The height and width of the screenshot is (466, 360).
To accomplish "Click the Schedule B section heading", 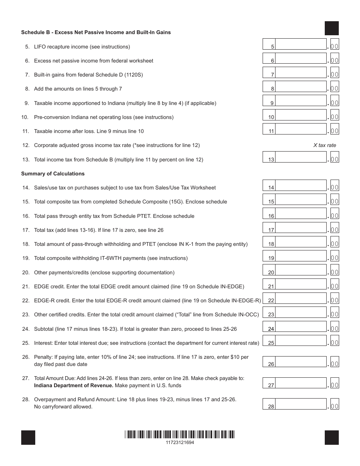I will click(x=96, y=33).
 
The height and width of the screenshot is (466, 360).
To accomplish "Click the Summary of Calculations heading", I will click(x=53, y=174).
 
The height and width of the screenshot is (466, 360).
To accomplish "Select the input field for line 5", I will click(x=301, y=44).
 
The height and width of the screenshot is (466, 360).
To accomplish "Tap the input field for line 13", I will click(x=301, y=157).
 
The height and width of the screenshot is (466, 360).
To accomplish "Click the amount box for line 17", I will click(x=301, y=228).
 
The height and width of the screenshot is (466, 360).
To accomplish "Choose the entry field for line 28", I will click(x=301, y=404).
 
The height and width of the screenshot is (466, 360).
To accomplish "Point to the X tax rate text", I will click(x=324, y=145).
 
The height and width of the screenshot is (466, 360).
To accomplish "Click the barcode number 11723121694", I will click(x=180, y=442).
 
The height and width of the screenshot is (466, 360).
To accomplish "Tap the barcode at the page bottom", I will click(x=180, y=435).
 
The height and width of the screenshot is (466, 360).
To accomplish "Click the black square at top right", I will click(x=332, y=28).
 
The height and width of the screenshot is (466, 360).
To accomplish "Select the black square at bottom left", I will click(x=28, y=438).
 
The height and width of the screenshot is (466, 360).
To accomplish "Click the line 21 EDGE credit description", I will click(x=139, y=287).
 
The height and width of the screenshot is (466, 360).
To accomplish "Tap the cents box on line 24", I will click(x=335, y=327).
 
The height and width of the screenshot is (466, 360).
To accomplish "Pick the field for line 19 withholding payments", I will click(x=301, y=256).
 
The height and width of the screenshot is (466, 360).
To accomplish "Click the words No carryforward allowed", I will click(x=63, y=407).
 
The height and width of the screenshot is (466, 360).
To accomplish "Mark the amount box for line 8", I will click(x=301, y=87).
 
